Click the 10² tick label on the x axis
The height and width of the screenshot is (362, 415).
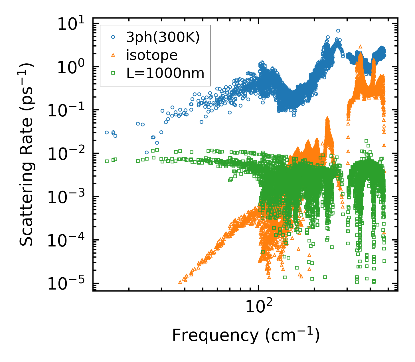point(259,307)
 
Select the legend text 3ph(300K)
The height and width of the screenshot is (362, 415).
point(163,37)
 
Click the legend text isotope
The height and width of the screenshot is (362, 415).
point(152,55)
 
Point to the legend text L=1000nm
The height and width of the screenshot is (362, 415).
point(165,73)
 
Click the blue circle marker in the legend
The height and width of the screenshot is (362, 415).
point(113,37)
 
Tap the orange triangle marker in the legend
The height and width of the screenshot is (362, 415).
point(113,55)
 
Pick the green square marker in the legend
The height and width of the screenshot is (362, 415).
point(113,73)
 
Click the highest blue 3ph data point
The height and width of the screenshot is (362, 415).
point(338,31)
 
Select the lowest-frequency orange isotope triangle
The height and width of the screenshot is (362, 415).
point(180,282)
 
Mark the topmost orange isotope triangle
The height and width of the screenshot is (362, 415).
point(360,46)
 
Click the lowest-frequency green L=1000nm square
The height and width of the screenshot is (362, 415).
point(107,161)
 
